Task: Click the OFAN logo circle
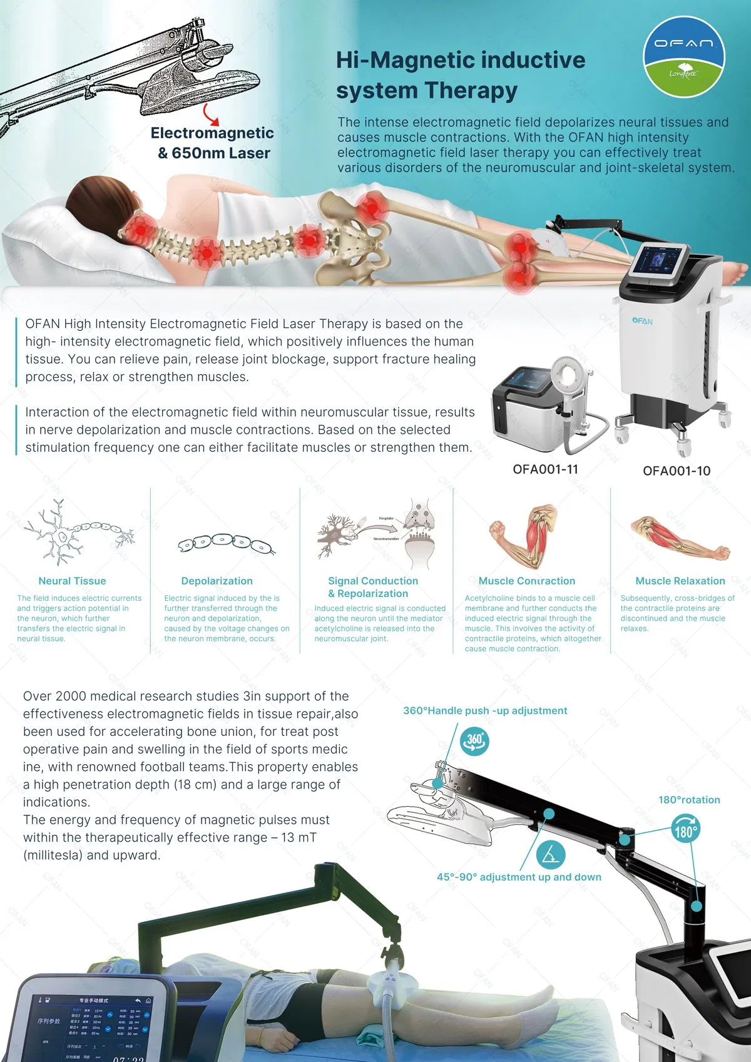(x=683, y=57)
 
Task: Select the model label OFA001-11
(x=545, y=469)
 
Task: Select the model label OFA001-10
(x=677, y=471)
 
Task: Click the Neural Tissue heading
(x=72, y=581)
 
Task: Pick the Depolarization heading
(x=217, y=581)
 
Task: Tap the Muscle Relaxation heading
(x=680, y=581)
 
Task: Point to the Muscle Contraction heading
(x=526, y=581)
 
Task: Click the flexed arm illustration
(x=523, y=535)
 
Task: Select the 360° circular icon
(x=475, y=741)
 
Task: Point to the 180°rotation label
(x=689, y=800)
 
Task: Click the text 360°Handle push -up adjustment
(x=485, y=711)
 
